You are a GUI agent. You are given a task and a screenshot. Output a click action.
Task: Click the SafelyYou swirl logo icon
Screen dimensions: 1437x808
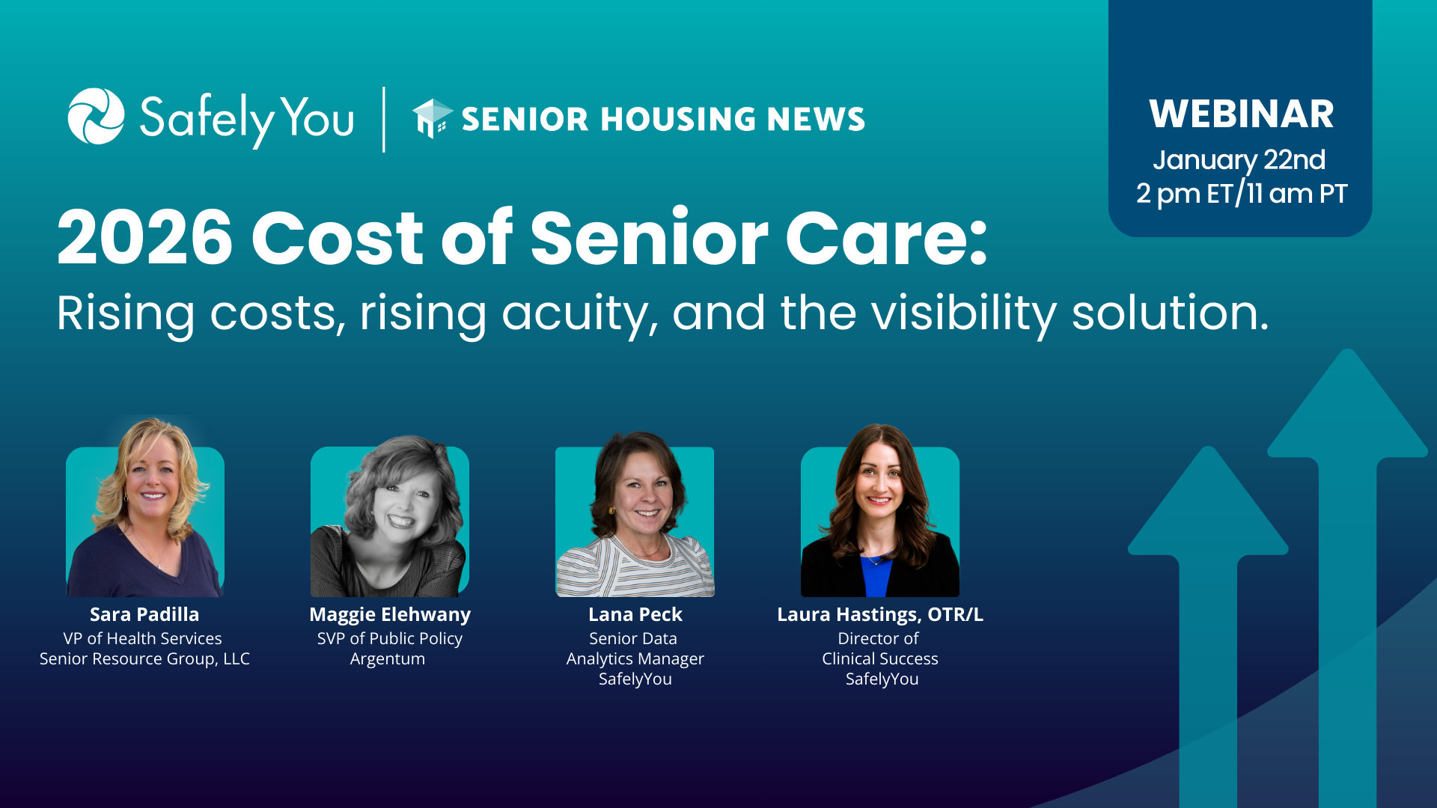pos(96,116)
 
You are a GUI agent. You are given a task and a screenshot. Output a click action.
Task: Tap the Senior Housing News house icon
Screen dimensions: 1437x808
pos(433,118)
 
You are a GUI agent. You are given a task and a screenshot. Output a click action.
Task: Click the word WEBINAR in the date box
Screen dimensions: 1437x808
pos(1242,114)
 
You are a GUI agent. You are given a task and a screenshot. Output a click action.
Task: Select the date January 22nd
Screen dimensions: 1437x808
pos(1239,160)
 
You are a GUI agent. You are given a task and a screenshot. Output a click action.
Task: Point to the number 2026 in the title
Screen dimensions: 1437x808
pos(145,238)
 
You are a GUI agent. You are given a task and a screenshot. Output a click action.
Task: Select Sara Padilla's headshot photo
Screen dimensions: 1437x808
pos(145,508)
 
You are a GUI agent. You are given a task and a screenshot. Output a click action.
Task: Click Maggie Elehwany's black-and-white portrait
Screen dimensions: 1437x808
pos(390,517)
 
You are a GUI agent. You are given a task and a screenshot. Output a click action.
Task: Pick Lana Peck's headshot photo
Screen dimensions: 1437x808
pos(635,515)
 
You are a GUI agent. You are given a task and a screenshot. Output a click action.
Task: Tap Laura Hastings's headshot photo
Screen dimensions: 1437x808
pos(880,511)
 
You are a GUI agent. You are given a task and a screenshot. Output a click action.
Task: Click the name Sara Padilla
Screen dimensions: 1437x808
pos(144,614)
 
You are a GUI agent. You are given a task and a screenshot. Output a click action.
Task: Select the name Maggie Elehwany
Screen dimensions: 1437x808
pos(390,615)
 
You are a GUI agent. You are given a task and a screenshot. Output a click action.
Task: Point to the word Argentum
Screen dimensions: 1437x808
pos(388,659)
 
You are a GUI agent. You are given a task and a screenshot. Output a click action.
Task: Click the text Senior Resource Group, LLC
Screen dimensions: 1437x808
pos(144,659)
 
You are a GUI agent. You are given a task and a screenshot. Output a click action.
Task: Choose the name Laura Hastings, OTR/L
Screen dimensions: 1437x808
pos(880,615)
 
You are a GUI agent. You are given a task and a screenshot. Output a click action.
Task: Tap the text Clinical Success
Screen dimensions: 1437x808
pos(880,658)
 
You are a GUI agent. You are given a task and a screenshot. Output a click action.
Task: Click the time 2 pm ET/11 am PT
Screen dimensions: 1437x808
pos(1242,194)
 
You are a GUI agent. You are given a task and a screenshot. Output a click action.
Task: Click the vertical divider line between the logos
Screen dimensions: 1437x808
pos(384,120)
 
